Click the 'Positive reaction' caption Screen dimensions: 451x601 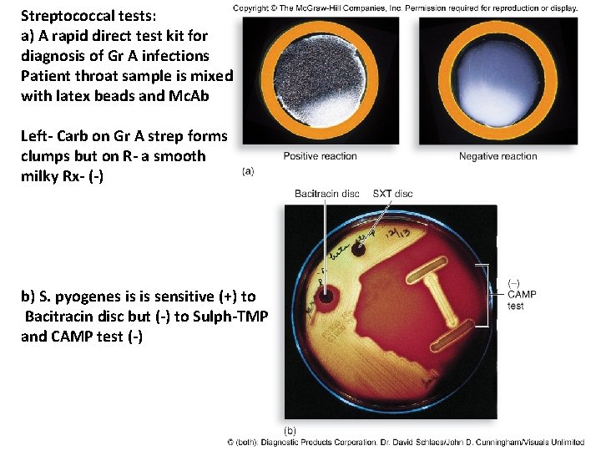[320, 156]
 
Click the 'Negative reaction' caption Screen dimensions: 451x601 [497, 156]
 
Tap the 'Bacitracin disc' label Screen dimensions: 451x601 [326, 194]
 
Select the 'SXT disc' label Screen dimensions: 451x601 [392, 194]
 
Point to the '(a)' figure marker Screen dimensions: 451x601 [247, 171]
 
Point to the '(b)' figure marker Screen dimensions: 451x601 [290, 430]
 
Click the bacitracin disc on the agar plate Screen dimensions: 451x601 [325, 295]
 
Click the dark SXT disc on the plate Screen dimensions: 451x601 [359, 248]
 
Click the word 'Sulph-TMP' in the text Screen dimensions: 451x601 [219, 317]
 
